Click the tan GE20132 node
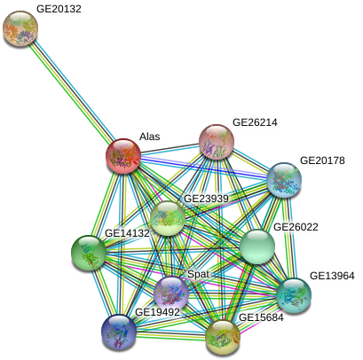click(x=20, y=28)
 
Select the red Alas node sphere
click(x=123, y=155)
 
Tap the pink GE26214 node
click(x=217, y=142)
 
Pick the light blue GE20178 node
click(x=284, y=180)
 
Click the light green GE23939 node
click(x=168, y=218)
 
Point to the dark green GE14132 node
click(x=89, y=253)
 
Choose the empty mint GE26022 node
click(x=257, y=247)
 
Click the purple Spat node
click(x=171, y=293)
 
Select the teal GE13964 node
click(x=294, y=295)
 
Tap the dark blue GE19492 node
click(x=119, y=332)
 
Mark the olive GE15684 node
click(x=223, y=338)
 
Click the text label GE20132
click(x=59, y=9)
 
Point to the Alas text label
click(x=150, y=137)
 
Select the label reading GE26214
click(x=255, y=122)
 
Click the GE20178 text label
click(x=322, y=160)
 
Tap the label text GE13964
click(x=332, y=276)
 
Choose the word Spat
click(x=198, y=274)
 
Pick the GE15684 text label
click(x=261, y=317)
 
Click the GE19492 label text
click(x=157, y=312)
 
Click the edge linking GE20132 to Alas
click(x=72, y=92)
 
